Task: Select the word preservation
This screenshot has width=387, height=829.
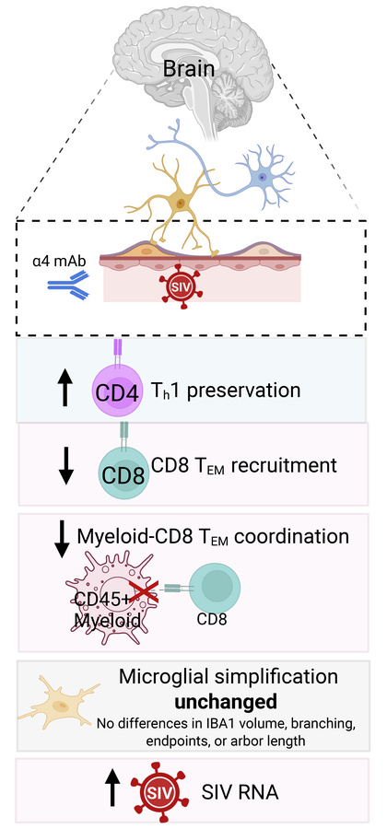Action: click(x=244, y=390)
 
